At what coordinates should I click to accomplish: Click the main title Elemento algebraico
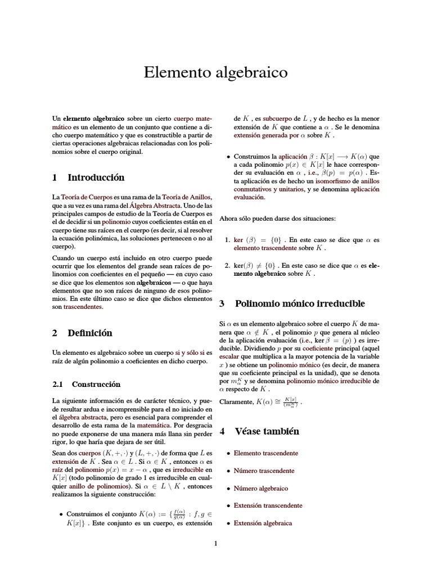[x=215, y=72]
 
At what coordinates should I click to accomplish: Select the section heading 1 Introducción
[x=88, y=177]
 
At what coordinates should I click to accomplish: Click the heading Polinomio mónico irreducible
[x=291, y=304]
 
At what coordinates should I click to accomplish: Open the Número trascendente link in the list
[x=264, y=471]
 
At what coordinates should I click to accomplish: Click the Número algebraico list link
[x=260, y=489]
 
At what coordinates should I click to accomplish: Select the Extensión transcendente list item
[x=267, y=506]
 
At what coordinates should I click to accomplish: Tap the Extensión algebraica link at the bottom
[x=263, y=523]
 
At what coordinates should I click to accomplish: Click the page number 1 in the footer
[x=215, y=544]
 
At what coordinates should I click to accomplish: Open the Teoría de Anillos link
[x=186, y=197]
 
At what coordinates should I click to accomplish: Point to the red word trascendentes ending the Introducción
[x=83, y=307]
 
